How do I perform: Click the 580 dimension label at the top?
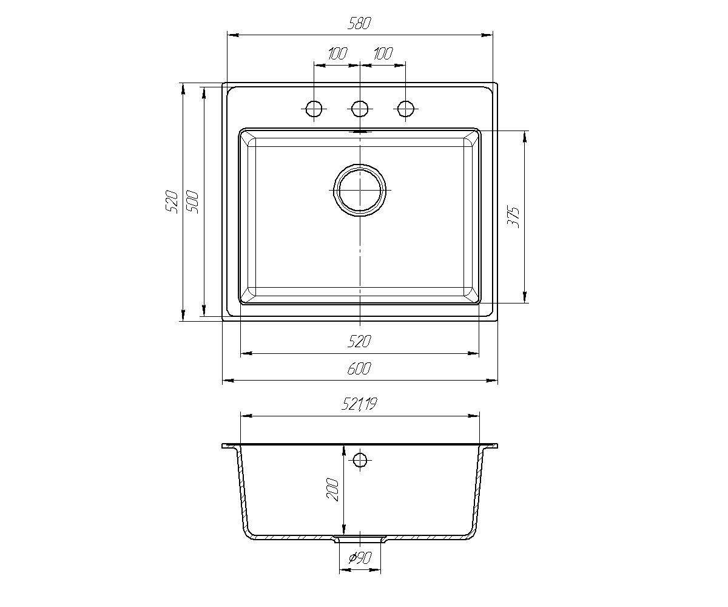(360, 24)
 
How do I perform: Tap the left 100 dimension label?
(337, 53)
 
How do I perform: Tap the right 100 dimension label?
(383, 53)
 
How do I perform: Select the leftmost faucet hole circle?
(314, 109)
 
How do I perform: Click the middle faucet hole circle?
(360, 109)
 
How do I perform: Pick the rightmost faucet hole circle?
(405, 109)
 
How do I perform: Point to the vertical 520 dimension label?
(172, 202)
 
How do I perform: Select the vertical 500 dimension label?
(192, 202)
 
